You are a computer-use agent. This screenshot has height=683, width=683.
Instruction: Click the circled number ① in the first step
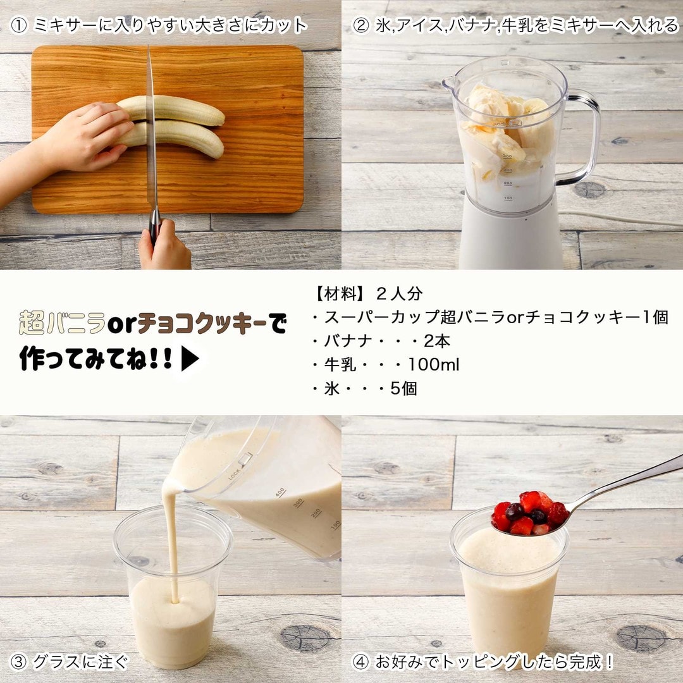[x=18, y=26]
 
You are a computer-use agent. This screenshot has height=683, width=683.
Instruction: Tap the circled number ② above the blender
[x=360, y=26]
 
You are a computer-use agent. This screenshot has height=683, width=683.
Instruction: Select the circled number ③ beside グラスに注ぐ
[x=18, y=662]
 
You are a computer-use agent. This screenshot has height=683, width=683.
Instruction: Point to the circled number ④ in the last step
[x=360, y=662]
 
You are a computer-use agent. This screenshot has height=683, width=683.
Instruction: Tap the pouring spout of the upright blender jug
[x=448, y=83]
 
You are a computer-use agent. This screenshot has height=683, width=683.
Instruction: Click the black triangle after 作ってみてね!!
[x=190, y=359]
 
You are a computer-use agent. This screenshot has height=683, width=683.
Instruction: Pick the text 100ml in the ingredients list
[x=433, y=365]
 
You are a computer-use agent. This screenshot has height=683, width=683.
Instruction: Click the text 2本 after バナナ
[x=437, y=341]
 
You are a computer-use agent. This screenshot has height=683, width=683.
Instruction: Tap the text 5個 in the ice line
[x=403, y=388]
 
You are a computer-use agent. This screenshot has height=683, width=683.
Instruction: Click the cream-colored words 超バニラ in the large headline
[x=62, y=323]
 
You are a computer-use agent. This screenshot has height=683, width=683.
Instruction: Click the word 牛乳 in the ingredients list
[x=340, y=365]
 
